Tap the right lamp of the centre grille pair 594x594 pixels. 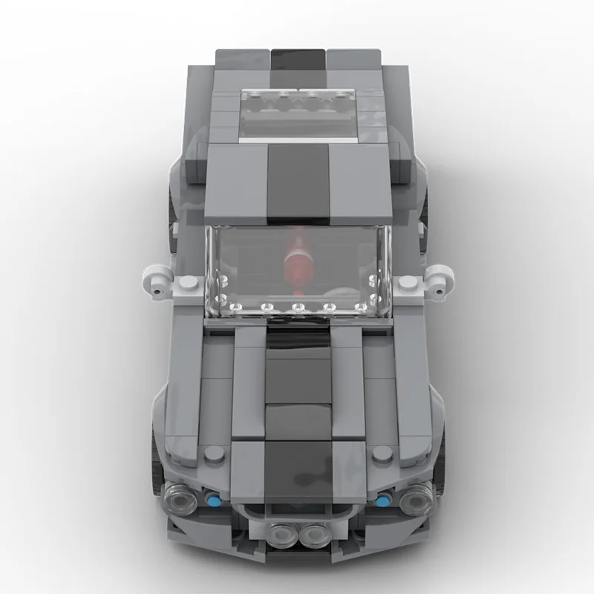click(313, 534)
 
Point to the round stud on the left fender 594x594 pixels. click(212, 454)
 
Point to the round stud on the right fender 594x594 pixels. click(382, 454)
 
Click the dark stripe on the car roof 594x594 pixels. click(297, 182)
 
